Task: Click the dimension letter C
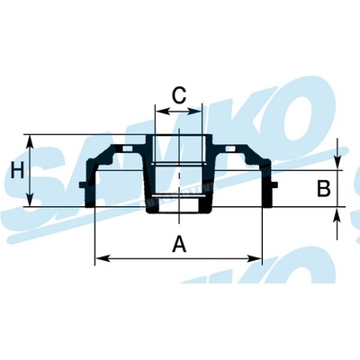[x=179, y=95]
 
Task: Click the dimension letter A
[x=179, y=244]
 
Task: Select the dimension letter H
[x=17, y=170]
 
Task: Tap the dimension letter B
[x=324, y=189]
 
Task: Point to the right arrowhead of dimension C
[x=194, y=112]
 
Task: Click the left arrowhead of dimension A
[x=103, y=258]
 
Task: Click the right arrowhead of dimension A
[x=254, y=258]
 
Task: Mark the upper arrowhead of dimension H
[x=30, y=142]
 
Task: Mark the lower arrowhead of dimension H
[x=30, y=199]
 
